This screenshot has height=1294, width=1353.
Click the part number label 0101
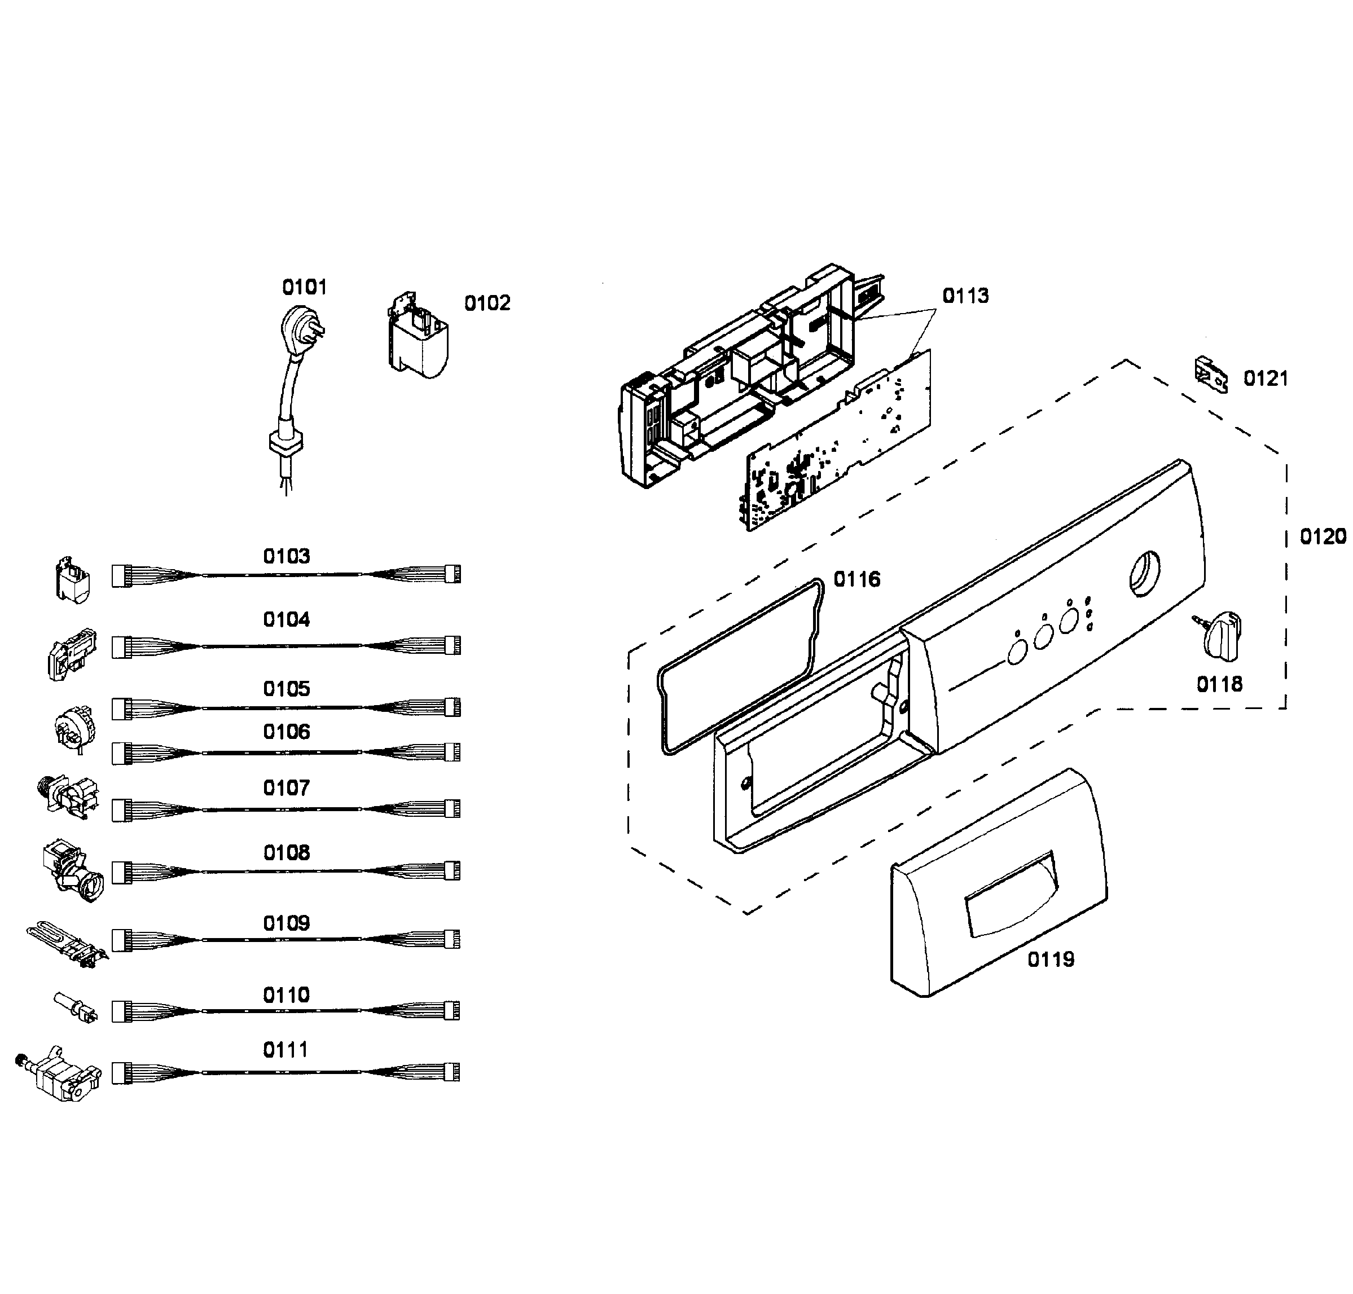[304, 287]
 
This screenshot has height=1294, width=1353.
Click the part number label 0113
[965, 296]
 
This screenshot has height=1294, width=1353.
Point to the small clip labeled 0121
[1210, 375]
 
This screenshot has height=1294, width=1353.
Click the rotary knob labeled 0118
[1220, 633]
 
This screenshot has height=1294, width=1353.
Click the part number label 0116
[856, 579]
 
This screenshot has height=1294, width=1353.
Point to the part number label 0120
[1322, 536]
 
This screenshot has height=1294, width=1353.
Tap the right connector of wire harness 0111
[452, 1071]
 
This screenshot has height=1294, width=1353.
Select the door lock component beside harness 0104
[71, 654]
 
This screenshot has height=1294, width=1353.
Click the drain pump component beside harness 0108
[72, 870]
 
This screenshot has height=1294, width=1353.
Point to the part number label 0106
[286, 731]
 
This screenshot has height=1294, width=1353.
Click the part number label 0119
[1050, 960]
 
